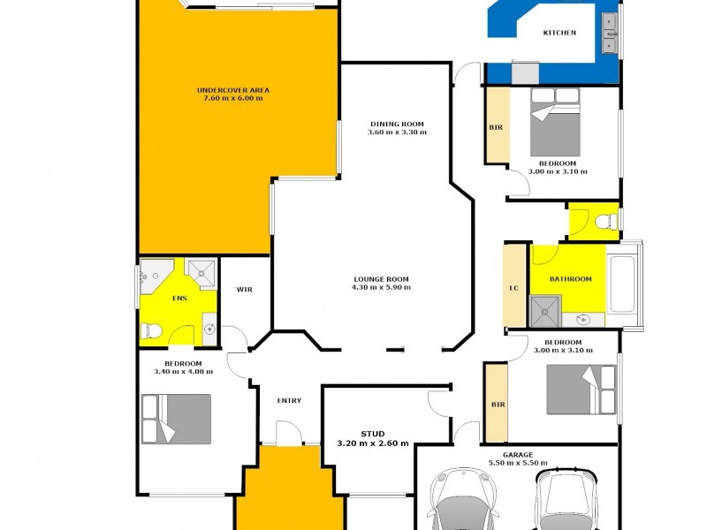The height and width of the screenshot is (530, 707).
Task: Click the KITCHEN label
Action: coord(559,33)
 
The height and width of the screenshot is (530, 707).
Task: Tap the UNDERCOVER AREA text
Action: coord(233,90)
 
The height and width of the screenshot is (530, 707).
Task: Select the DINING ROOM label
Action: coord(397,124)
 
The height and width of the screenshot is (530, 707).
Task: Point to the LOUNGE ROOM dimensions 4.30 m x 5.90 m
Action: coord(382,288)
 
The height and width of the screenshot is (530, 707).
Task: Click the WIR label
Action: coord(245,289)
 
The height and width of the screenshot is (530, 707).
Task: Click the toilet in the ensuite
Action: coord(152,330)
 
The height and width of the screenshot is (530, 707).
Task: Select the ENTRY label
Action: coord(289,401)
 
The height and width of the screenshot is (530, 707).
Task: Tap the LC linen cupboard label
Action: coord(513,288)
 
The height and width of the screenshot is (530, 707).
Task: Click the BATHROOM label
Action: coord(570,279)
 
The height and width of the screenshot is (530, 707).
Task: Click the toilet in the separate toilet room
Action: coord(606,221)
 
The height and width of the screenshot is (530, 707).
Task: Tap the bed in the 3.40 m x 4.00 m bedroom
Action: coord(176,419)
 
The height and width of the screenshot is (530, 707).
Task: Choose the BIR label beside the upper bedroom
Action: coord(496,127)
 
